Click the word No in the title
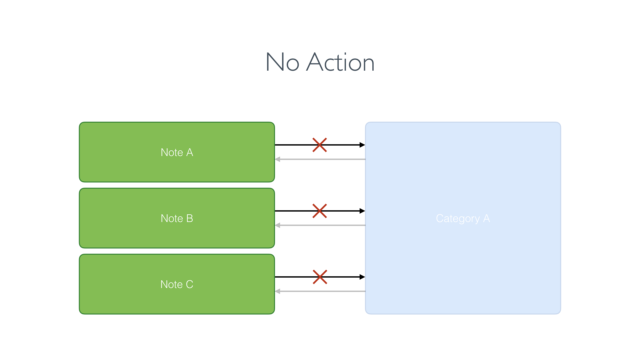click(x=282, y=62)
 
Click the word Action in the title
click(x=340, y=62)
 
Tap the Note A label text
click(x=177, y=152)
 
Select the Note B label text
click(x=177, y=218)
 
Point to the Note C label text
click(x=177, y=284)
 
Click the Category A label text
click(x=463, y=218)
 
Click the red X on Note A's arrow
click(x=320, y=145)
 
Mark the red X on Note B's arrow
click(x=320, y=211)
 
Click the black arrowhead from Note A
click(x=362, y=145)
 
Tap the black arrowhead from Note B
click(x=362, y=211)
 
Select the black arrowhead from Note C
click(x=362, y=277)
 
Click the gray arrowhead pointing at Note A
click(x=278, y=159)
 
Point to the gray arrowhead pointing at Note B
click(x=278, y=225)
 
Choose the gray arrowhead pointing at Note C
click(x=278, y=291)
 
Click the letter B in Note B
click(x=190, y=218)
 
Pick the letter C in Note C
click(x=189, y=284)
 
